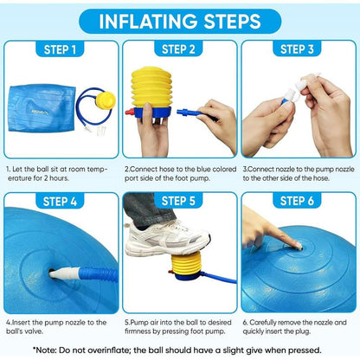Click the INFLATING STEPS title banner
pos(180,21)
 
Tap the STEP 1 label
pos(60,49)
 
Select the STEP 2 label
pos(178,49)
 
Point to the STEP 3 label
pos(297,49)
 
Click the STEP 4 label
pos(60,201)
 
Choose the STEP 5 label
pos(178,201)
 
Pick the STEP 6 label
pos(297,201)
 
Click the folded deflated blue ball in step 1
pos(42,108)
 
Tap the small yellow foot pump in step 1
pos(106,100)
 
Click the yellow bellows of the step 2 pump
pos(151,87)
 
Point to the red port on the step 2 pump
pos(130,112)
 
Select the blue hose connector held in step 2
pos(188,112)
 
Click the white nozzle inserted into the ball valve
pos(64,273)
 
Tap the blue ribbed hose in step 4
pos(99,274)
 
